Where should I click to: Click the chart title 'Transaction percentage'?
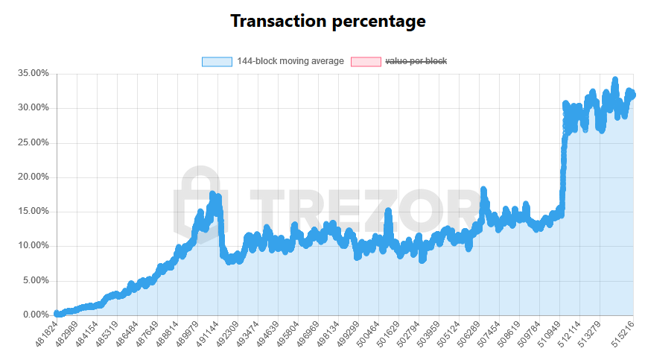(x=328, y=21)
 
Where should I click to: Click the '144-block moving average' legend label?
(x=290, y=61)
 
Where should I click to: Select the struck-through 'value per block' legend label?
(x=416, y=61)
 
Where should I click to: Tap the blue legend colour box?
(x=217, y=61)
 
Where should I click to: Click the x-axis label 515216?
(x=622, y=333)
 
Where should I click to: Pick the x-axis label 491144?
(x=206, y=333)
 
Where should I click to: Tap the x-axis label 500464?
(x=367, y=333)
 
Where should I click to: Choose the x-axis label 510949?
(x=548, y=333)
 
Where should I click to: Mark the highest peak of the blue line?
(x=614, y=80)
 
